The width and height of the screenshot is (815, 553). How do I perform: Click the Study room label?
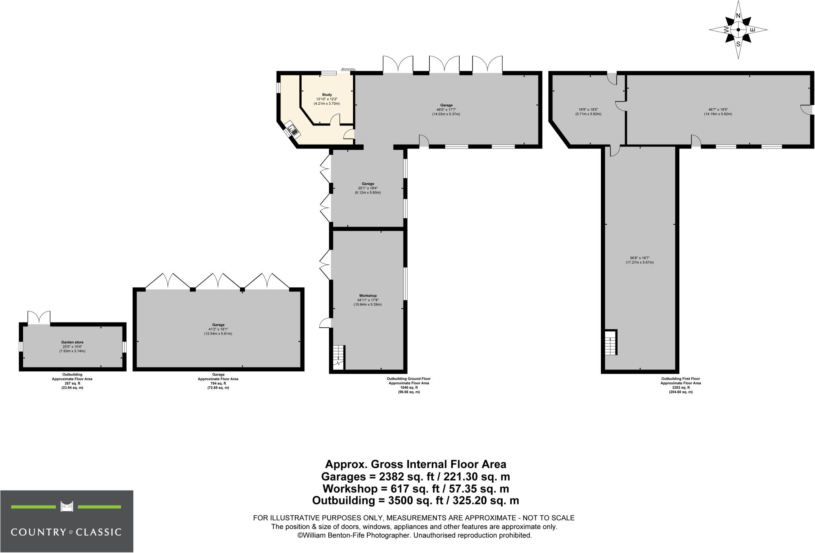(327, 95)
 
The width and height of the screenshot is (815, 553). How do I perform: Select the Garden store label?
(72, 342)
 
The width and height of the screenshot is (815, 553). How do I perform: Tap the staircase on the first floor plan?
(610, 343)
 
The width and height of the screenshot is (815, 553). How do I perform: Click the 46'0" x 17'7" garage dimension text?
(446, 110)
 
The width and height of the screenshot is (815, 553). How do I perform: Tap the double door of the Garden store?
(39, 318)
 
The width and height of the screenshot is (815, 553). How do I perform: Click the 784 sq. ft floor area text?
(218, 383)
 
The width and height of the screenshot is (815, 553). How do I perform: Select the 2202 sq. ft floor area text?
(680, 387)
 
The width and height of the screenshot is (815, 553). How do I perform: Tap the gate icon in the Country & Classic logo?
(67, 506)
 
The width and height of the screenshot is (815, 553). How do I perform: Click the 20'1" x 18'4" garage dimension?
(368, 188)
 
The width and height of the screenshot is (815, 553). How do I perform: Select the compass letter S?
(738, 44)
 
